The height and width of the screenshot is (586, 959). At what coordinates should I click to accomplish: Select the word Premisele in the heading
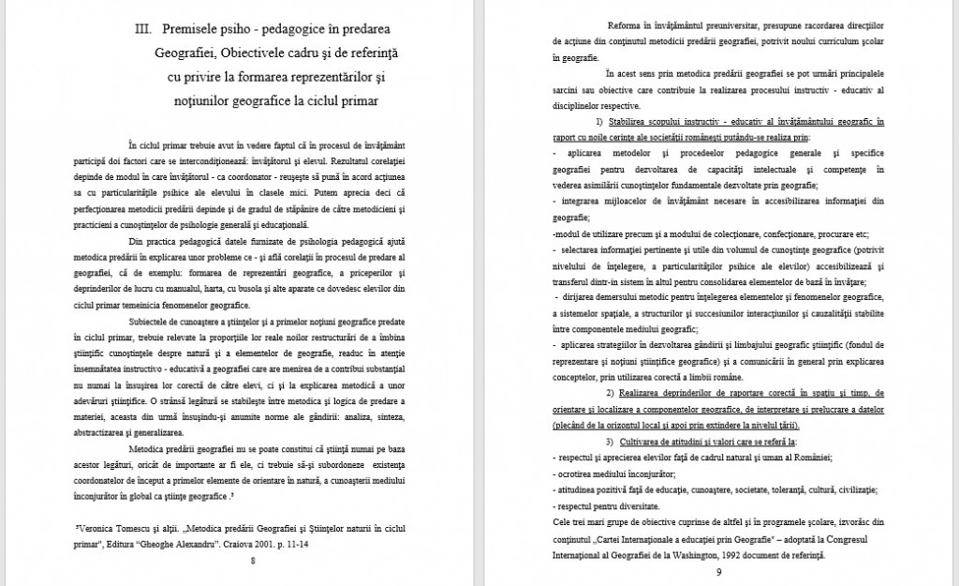pyautogui.click(x=198, y=31)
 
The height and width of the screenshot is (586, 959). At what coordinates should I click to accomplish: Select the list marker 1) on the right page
pyautogui.click(x=599, y=122)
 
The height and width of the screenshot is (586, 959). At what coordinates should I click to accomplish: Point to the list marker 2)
pyautogui.click(x=610, y=392)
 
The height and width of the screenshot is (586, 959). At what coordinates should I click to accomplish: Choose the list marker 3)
pyautogui.click(x=610, y=441)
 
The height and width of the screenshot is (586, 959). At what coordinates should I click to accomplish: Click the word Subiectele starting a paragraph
pyautogui.click(x=148, y=321)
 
